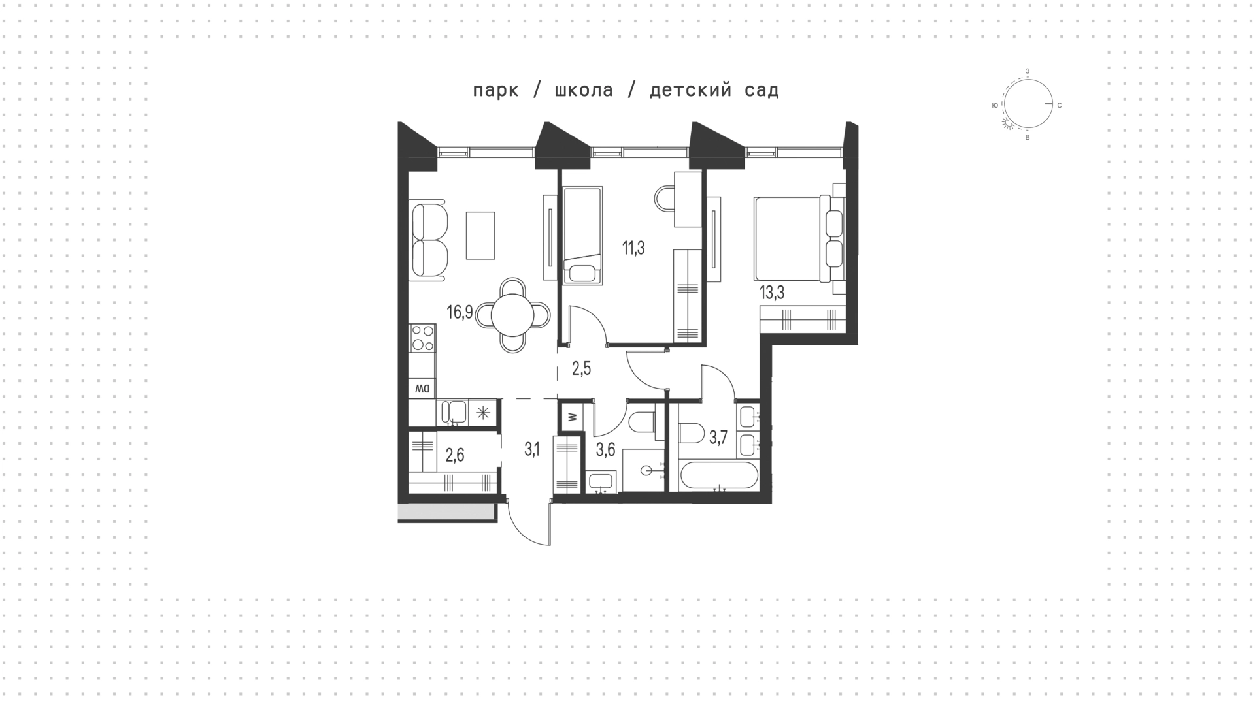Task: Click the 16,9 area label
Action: (x=460, y=312)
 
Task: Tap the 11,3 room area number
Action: (x=633, y=248)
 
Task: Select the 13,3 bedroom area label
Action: (x=771, y=293)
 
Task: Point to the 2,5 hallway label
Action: (x=581, y=369)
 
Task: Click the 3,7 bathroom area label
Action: (x=718, y=438)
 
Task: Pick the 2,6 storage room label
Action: (x=455, y=455)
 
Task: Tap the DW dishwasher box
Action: (x=422, y=389)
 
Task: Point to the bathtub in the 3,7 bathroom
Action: (x=718, y=476)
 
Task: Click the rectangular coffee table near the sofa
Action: (x=480, y=234)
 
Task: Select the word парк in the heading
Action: (x=495, y=91)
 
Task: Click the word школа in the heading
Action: (x=584, y=90)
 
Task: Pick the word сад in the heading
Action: (x=761, y=91)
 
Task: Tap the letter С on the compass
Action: (x=1059, y=105)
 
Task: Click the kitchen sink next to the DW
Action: (x=454, y=412)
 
